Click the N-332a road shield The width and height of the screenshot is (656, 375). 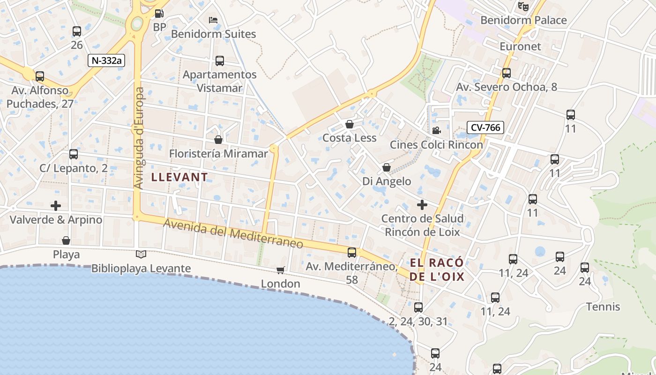pyautogui.click(x=108, y=60)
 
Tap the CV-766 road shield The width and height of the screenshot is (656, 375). pyautogui.click(x=485, y=127)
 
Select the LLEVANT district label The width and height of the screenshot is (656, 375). pyautogui.click(x=179, y=177)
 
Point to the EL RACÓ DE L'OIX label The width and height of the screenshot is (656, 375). pyautogui.click(x=437, y=270)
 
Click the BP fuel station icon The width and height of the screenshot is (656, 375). pyautogui.click(x=159, y=14)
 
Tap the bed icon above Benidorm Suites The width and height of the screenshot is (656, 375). pyautogui.click(x=213, y=20)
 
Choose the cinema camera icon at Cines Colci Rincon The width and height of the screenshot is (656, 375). pyautogui.click(x=436, y=130)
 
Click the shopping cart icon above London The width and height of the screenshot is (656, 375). pyautogui.click(x=280, y=270)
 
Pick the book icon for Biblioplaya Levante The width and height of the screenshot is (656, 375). pyautogui.click(x=141, y=254)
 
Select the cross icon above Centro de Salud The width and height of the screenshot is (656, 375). pyautogui.click(x=422, y=204)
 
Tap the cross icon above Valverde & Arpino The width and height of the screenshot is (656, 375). pyautogui.click(x=56, y=205)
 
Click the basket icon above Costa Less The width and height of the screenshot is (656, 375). pyautogui.click(x=349, y=124)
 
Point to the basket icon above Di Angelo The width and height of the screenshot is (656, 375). pyautogui.click(x=387, y=167)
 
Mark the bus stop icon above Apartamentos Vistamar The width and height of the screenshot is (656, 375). pyautogui.click(x=219, y=61)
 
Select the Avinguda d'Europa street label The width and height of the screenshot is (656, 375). pyautogui.click(x=139, y=138)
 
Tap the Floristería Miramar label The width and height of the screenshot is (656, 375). pyautogui.click(x=218, y=154)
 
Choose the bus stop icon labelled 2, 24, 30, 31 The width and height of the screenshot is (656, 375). pyautogui.click(x=418, y=307)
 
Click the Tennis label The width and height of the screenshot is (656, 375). pyautogui.click(x=603, y=307)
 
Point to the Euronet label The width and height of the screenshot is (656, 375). pyautogui.click(x=520, y=46)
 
